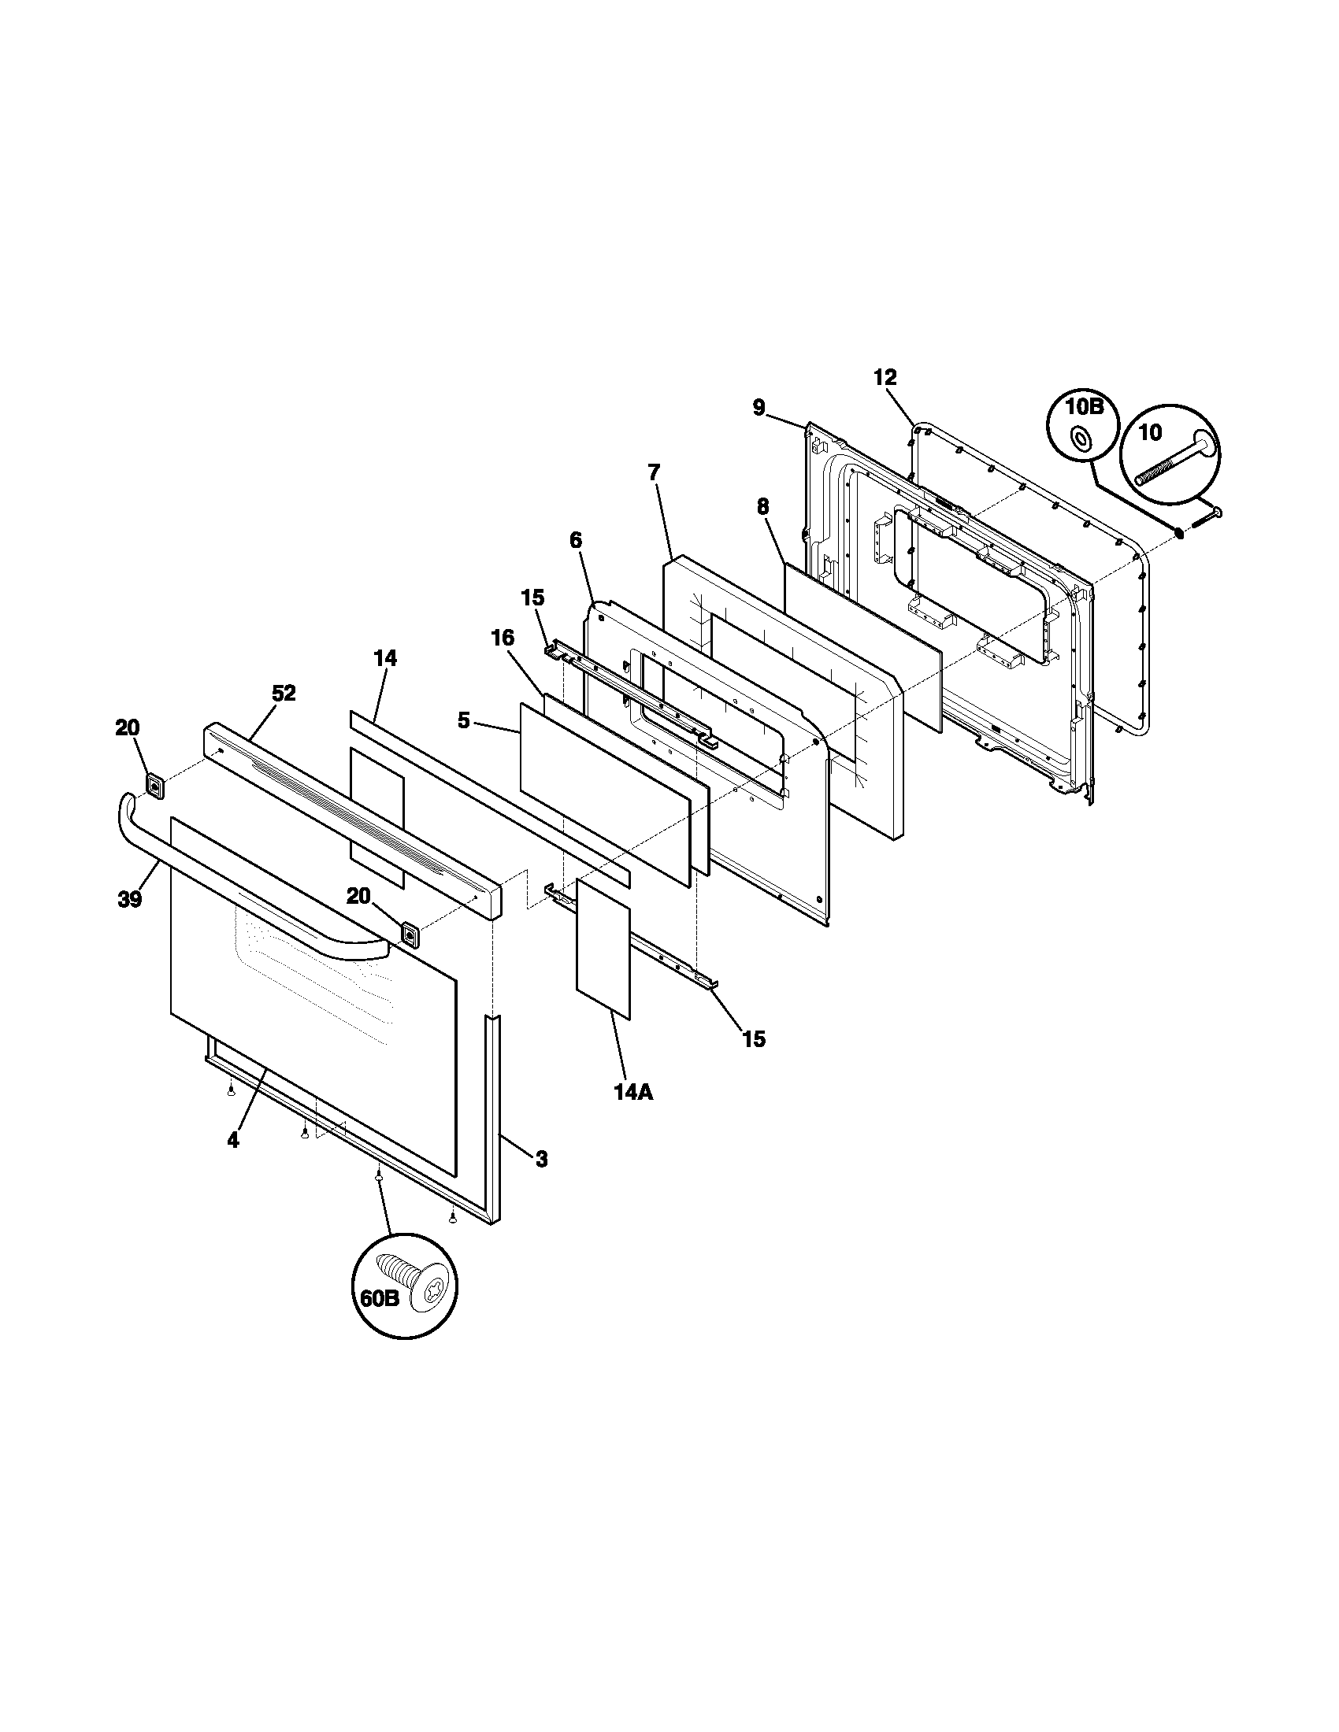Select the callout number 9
click(x=759, y=408)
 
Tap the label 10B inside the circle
click(x=1084, y=409)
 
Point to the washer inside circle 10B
click(x=1080, y=438)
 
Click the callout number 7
click(x=653, y=472)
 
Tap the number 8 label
click(x=762, y=507)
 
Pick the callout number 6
click(x=575, y=541)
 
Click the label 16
click(x=503, y=638)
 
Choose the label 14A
click(x=632, y=1093)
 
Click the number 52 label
click(x=284, y=693)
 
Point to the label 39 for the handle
click(x=130, y=899)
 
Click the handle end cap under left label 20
click(x=155, y=786)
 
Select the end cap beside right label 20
click(x=410, y=935)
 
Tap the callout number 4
click(x=232, y=1141)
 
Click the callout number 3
click(x=540, y=1160)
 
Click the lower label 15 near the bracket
click(x=754, y=1039)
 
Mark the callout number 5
click(x=464, y=721)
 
